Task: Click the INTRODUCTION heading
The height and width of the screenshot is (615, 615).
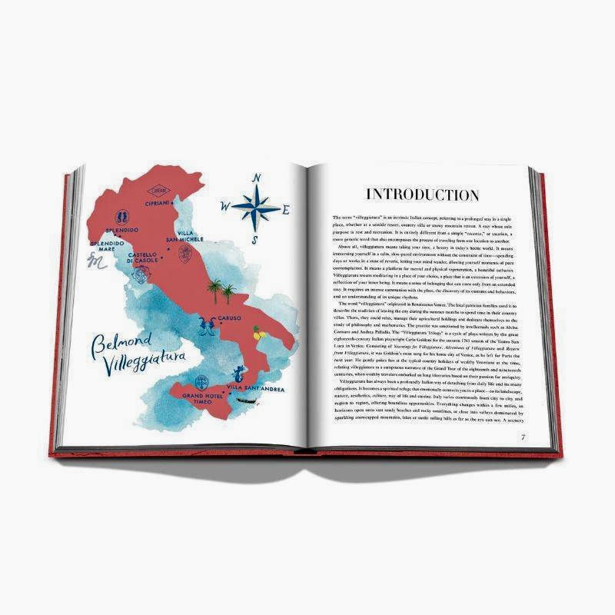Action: click(x=422, y=194)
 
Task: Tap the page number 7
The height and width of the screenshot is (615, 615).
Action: click(x=523, y=437)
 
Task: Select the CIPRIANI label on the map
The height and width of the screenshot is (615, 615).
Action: click(x=160, y=204)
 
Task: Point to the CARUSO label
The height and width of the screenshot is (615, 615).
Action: click(x=229, y=317)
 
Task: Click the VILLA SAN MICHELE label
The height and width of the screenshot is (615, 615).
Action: click(x=184, y=236)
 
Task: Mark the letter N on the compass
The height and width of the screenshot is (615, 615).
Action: click(x=256, y=179)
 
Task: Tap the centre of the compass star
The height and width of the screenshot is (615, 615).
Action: click(x=256, y=206)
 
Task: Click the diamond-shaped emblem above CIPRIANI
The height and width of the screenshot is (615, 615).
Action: click(x=159, y=190)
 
